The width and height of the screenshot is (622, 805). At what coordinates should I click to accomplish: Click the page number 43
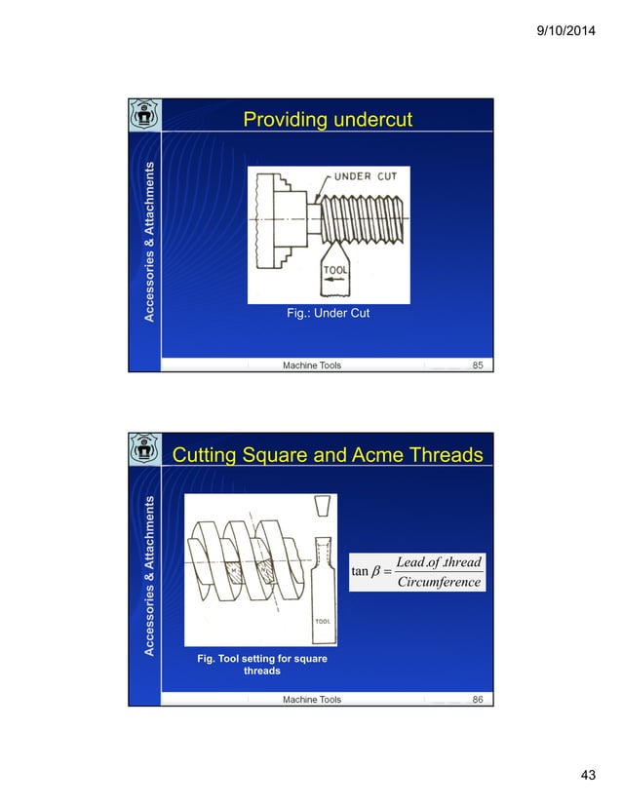coord(587,775)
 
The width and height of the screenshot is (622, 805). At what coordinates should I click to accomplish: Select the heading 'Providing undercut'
coord(327,121)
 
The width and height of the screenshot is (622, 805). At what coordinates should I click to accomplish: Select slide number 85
coord(478,365)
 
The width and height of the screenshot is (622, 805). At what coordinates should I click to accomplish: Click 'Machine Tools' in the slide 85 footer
coord(312,365)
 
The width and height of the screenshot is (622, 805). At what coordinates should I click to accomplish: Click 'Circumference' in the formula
coord(440,583)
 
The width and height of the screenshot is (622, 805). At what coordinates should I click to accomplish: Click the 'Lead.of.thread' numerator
coord(440,562)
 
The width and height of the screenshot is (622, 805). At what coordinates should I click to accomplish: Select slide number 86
coord(478,700)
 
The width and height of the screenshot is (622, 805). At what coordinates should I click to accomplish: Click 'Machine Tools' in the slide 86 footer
coord(312,700)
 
